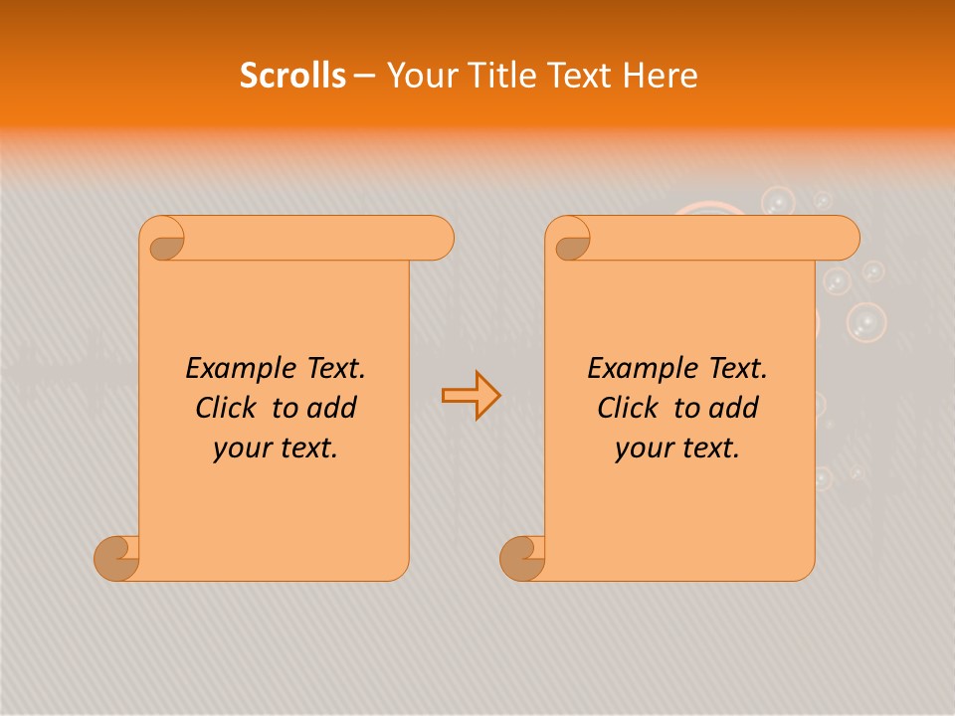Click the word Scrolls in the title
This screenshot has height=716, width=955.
click(292, 76)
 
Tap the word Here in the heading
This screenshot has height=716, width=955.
click(660, 76)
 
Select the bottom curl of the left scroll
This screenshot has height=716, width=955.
click(115, 557)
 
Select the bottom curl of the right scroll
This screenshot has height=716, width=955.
click(521, 557)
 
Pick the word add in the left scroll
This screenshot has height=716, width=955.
click(331, 409)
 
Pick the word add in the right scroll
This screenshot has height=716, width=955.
click(733, 409)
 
